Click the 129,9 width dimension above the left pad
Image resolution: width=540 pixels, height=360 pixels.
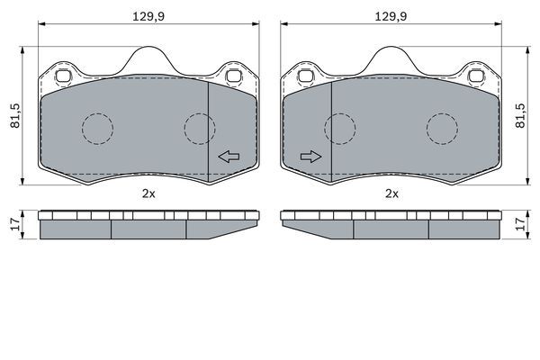point(148,16)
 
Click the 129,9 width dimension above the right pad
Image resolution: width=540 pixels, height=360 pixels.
point(391,16)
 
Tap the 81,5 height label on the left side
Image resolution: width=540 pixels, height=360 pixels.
point(15,116)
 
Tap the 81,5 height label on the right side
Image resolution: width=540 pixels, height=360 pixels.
point(521,116)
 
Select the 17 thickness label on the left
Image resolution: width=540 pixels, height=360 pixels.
point(15,225)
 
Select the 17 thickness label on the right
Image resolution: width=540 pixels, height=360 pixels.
point(521,225)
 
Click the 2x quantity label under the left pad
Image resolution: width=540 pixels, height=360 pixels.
point(148,194)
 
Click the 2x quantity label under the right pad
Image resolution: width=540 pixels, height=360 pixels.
point(391,194)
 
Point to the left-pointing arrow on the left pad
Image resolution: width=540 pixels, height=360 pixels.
point(229,157)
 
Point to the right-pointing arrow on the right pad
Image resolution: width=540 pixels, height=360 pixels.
point(311,157)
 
